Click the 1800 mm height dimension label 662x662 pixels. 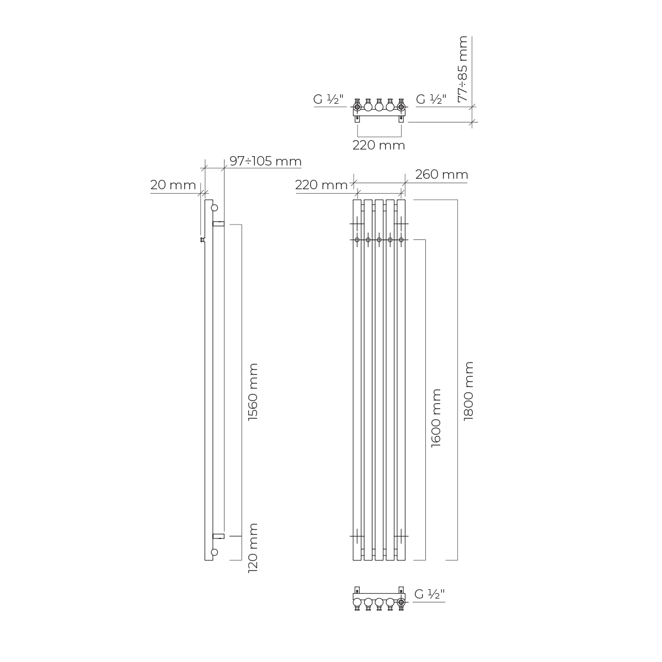coord(468,391)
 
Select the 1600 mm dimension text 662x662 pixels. coord(436,418)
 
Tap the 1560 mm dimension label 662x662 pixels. coord(253,392)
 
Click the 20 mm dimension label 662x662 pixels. coord(173,185)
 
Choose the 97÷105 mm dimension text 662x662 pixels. coord(265,161)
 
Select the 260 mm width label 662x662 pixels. coord(442,174)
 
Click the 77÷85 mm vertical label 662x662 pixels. coord(463,69)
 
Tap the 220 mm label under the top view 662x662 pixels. coord(379,145)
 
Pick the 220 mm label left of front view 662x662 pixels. coord(322,185)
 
